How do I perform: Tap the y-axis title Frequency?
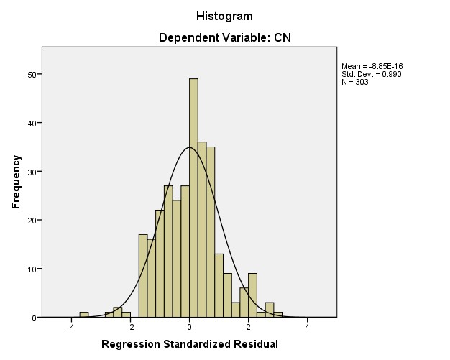(x=15, y=182)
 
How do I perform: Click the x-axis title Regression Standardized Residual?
(x=190, y=344)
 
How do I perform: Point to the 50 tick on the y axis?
(x=33, y=74)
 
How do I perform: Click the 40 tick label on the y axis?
(x=33, y=123)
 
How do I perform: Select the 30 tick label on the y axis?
(x=33, y=172)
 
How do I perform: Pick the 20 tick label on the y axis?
(x=33, y=221)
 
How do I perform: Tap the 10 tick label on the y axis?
(x=33, y=269)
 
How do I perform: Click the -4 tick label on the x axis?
(x=70, y=328)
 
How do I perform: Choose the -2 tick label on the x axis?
(x=129, y=328)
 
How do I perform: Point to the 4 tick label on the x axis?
(x=307, y=328)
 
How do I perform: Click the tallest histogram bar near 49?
(x=193, y=194)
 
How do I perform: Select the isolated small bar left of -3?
(x=84, y=315)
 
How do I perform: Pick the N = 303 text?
(x=356, y=82)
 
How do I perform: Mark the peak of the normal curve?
(x=189, y=148)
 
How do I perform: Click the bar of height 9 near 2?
(x=252, y=295)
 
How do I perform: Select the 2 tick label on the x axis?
(x=248, y=328)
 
